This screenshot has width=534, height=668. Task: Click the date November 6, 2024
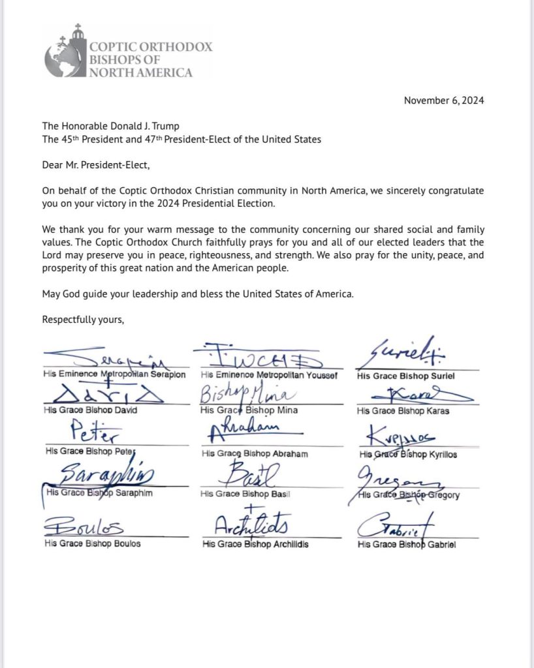444,100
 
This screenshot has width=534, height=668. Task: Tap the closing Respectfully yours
83,320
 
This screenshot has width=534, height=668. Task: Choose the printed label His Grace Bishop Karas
403,411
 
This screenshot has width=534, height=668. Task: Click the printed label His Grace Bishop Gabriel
407,545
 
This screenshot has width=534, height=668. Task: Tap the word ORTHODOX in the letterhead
176,47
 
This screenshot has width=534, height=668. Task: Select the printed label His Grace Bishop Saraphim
99,493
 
